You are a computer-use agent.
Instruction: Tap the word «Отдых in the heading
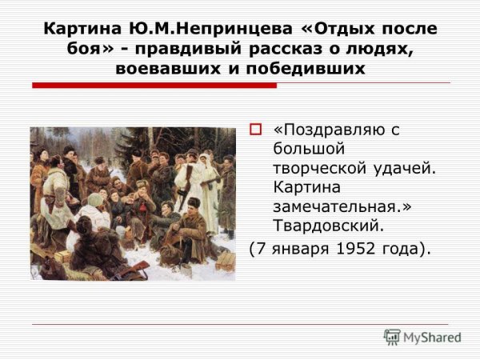(334, 29)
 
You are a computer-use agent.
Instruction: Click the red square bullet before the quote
(255, 128)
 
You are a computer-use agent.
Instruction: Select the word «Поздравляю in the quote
(335, 128)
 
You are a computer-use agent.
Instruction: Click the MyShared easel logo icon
(393, 337)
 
